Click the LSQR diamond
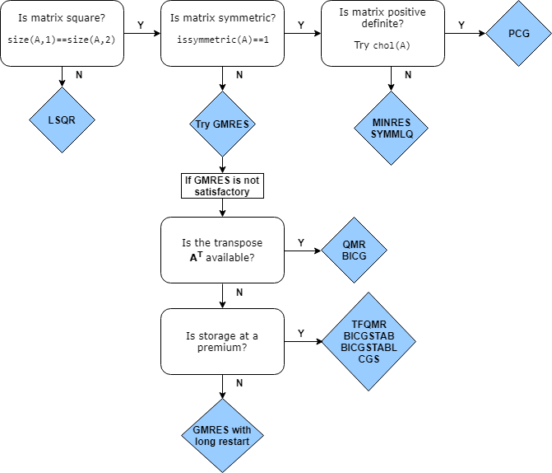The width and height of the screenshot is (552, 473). coord(62,120)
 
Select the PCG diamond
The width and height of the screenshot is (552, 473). coord(518,34)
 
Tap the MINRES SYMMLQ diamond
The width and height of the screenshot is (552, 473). coord(392,129)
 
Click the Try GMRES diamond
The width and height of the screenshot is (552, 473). coord(222,124)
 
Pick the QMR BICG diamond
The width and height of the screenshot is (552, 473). coord(354,250)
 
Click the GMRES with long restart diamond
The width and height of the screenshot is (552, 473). coord(222,435)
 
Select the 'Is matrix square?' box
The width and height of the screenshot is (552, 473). coord(62,34)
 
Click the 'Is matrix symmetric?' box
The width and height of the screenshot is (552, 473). coord(222,34)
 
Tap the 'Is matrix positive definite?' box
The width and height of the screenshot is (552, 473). coord(383,34)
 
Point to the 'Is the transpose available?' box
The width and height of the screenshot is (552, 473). coord(222,250)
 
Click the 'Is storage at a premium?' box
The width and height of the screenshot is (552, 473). coord(222,341)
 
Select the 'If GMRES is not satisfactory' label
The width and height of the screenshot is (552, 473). coord(222,185)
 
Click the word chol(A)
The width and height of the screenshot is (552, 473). coord(392,45)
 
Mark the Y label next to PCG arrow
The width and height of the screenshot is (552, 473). coord(461,25)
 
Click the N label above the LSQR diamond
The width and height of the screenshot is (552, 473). coord(79,74)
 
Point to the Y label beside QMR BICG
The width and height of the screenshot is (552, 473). coord(301,242)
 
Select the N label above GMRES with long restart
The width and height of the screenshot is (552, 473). coord(239,383)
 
